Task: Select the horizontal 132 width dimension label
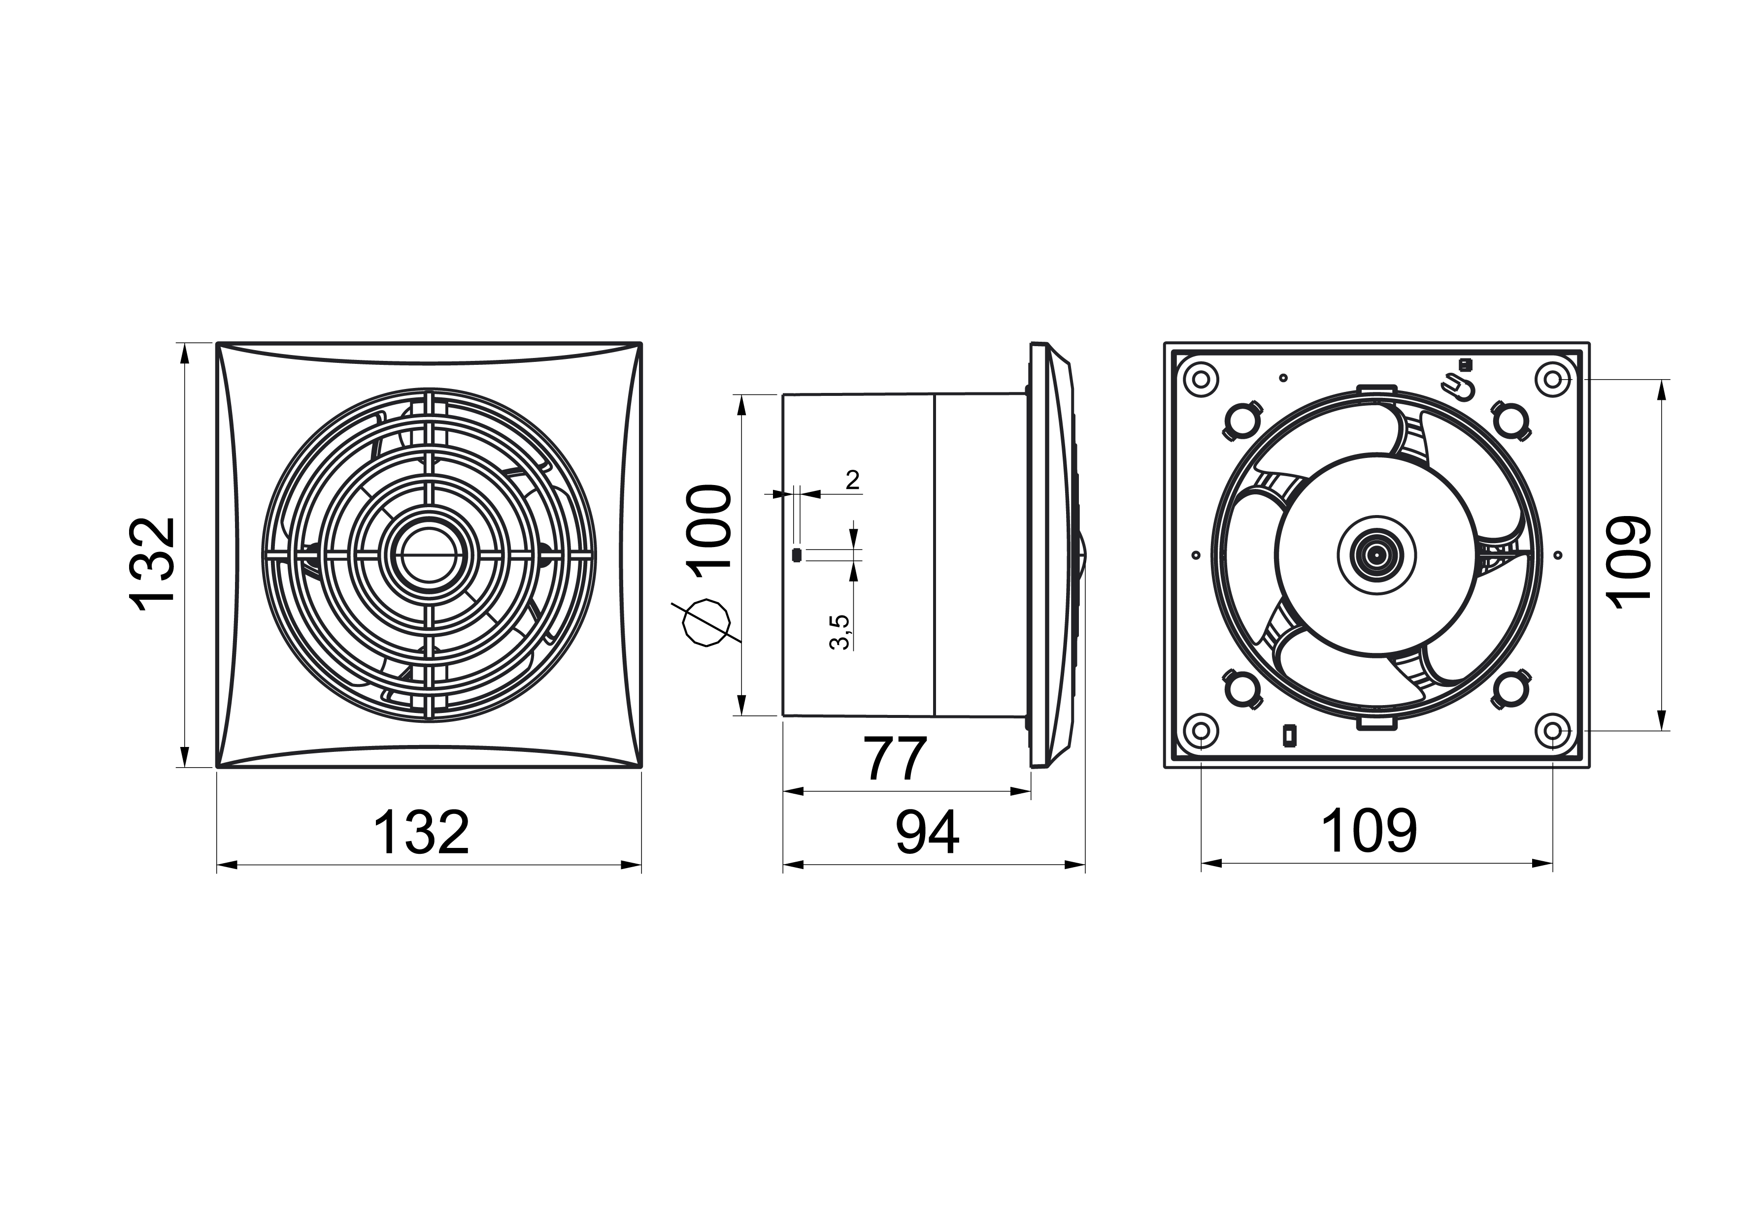[421, 832]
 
